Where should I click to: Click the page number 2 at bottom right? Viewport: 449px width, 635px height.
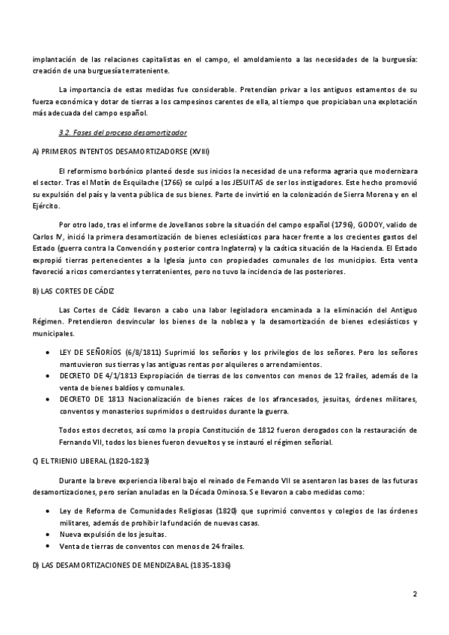pyautogui.click(x=414, y=595)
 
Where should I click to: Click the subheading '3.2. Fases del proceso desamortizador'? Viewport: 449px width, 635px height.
pyautogui.click(x=112, y=133)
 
